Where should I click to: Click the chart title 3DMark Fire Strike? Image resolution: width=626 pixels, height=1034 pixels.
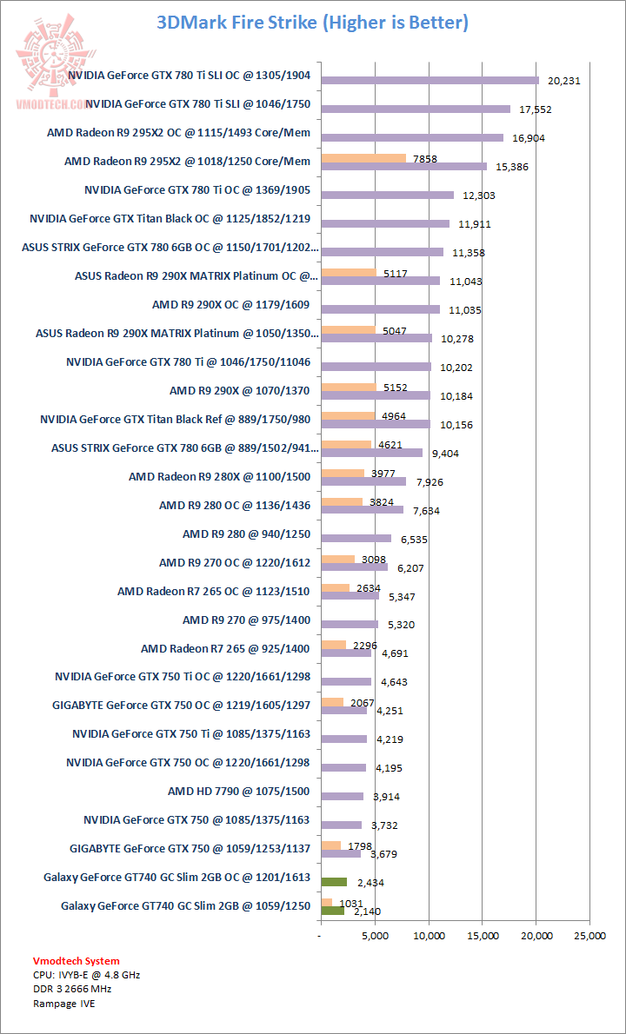coord(312,23)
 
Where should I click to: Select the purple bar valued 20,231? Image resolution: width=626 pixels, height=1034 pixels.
coord(430,80)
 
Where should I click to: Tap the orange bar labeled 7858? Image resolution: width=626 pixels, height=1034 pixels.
coord(363,158)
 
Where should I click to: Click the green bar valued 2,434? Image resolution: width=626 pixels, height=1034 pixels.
coord(334,882)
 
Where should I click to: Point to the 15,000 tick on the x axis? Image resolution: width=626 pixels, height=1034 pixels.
coord(483,936)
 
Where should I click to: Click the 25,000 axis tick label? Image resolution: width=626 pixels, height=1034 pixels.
coord(589,936)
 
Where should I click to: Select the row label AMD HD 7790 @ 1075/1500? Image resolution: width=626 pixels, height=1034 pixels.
coord(239,792)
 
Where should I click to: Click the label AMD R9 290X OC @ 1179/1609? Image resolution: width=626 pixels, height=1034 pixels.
coord(231,305)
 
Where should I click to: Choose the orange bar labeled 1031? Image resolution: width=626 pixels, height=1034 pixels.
coord(326,903)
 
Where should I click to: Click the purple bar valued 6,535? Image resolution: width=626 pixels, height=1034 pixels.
coord(356,539)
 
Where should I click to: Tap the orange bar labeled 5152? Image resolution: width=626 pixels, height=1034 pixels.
coord(348,388)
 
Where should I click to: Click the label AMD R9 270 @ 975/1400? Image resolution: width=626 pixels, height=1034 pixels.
coord(246,620)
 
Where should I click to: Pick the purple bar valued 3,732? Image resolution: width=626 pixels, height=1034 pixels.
coord(341,825)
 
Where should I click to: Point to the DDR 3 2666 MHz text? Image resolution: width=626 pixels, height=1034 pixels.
coord(72,989)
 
